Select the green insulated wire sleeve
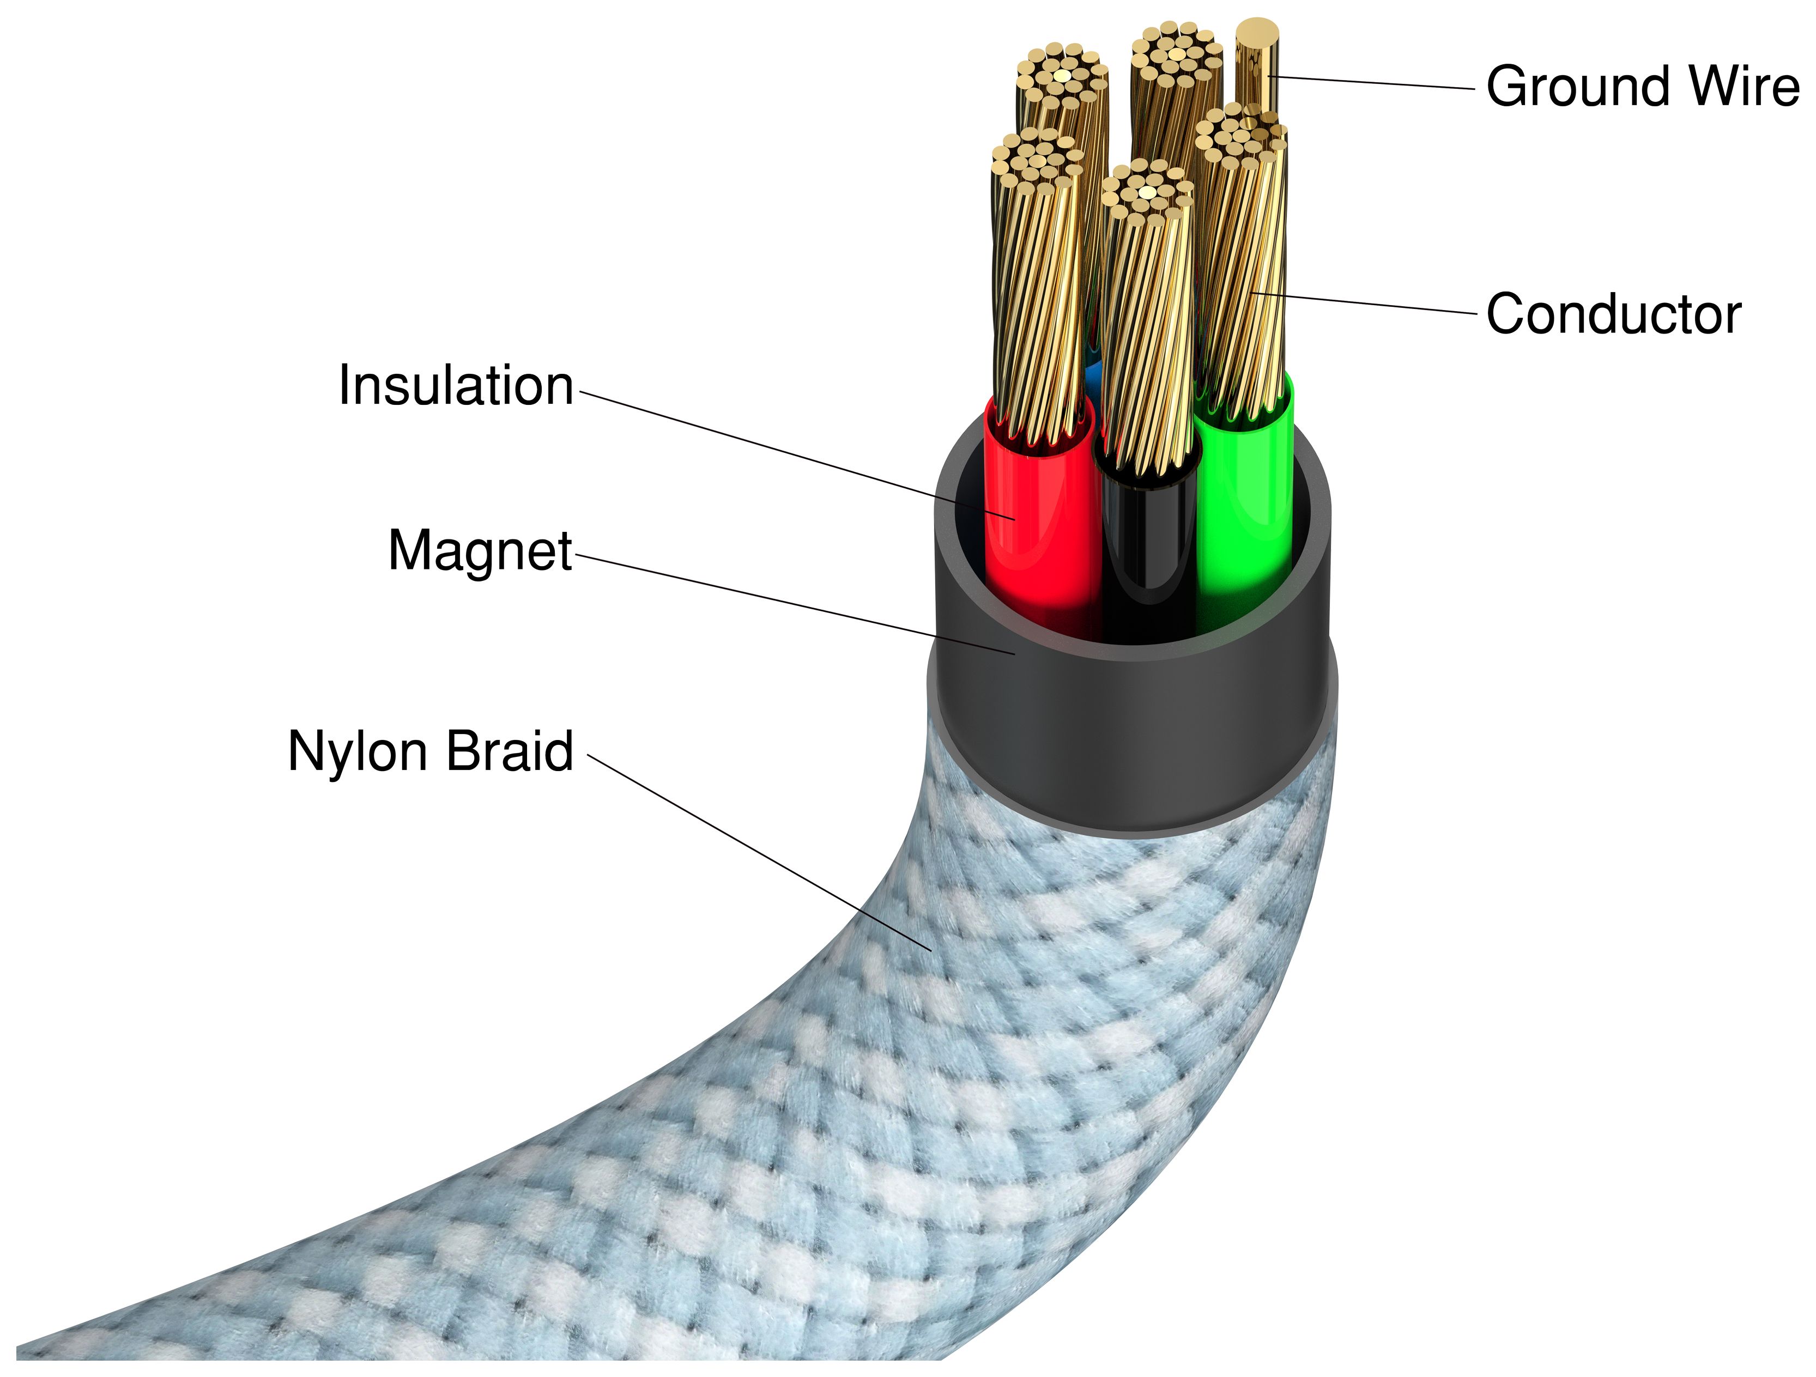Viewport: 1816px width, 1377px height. click(x=1244, y=509)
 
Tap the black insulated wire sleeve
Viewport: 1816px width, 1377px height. click(x=1148, y=542)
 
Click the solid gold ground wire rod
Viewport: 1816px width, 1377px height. click(x=1257, y=65)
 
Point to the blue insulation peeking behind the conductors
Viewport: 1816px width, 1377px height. click(x=1093, y=379)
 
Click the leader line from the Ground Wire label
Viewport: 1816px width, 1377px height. click(x=1371, y=82)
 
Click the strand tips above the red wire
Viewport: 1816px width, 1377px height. click(x=1036, y=160)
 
